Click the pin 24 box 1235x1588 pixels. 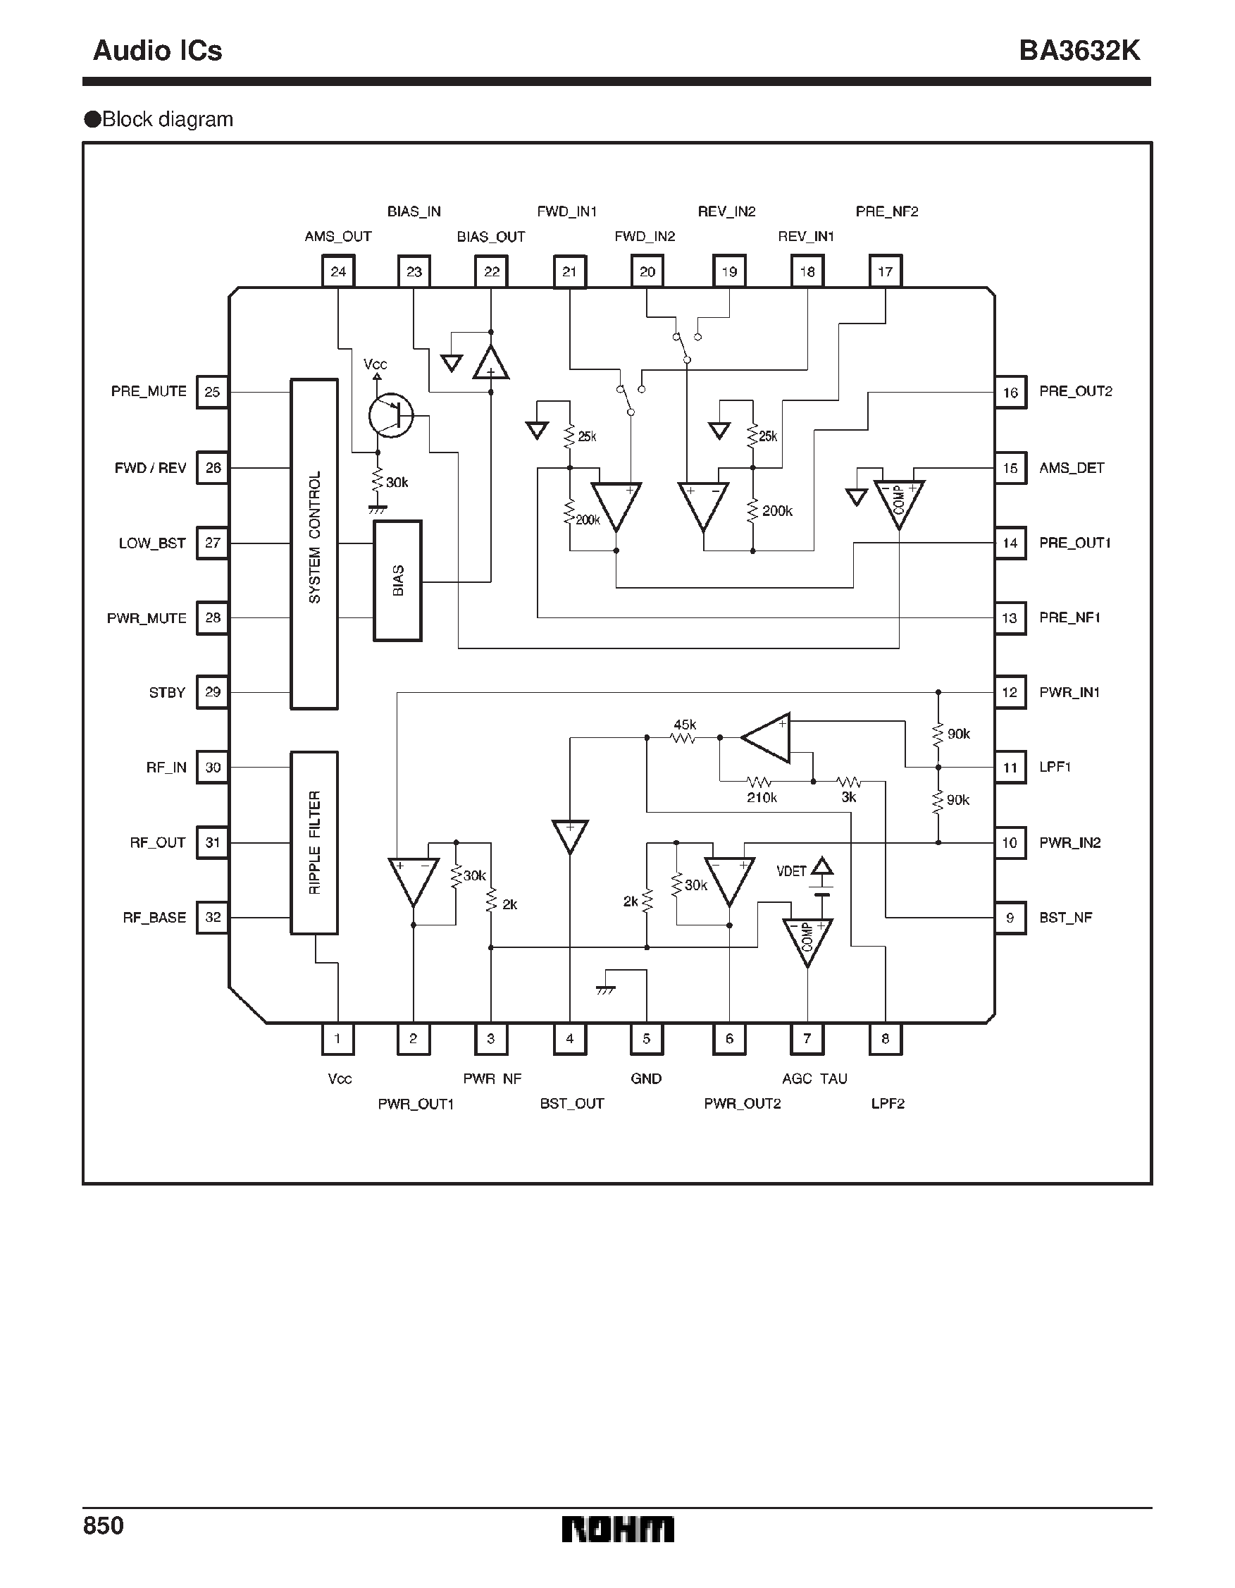[338, 271]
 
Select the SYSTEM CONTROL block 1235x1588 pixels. [314, 543]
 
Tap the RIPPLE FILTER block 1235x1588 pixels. [314, 843]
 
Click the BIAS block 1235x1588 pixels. [397, 580]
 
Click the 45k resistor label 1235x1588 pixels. [685, 725]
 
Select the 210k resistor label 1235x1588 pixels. [762, 798]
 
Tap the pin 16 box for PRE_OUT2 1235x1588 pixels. [1010, 393]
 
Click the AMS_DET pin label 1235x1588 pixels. [1072, 468]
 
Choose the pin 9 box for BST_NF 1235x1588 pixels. [1010, 918]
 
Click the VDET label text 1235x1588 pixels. [791, 871]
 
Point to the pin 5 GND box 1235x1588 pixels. [646, 1039]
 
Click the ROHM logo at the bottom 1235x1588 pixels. [617, 1529]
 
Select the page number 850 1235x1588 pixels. [104, 1525]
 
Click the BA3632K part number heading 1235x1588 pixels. [1079, 51]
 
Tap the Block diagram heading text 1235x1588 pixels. [167, 119]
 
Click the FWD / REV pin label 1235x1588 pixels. [151, 468]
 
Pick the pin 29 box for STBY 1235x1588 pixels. [212, 692]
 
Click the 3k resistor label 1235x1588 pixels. [848, 798]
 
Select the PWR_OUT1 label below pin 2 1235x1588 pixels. [415, 1104]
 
